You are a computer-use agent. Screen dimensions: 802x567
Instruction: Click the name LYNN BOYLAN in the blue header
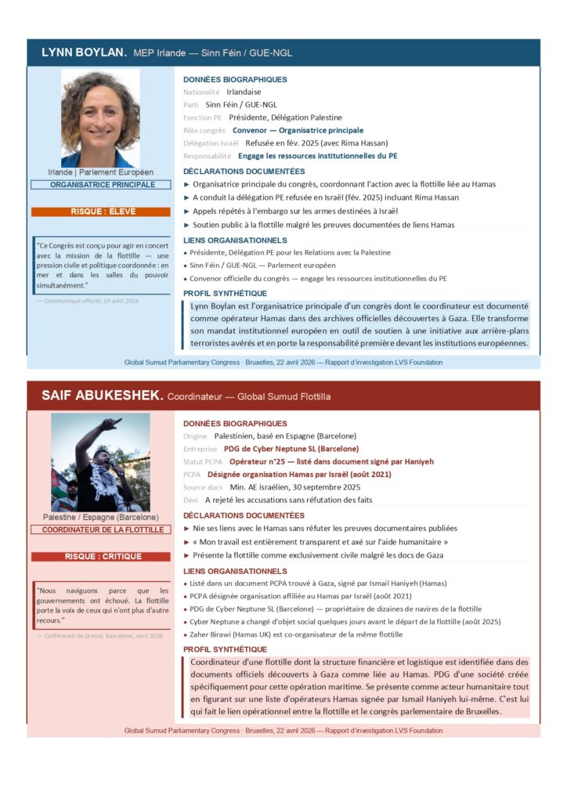pos(84,52)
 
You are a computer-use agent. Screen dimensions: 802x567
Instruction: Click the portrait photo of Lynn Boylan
pos(100,118)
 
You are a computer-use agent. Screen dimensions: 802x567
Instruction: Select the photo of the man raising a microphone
pos(100,462)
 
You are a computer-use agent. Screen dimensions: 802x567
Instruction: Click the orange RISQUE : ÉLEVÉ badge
pos(100,211)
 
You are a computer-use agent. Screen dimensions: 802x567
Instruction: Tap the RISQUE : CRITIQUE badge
pos(100,557)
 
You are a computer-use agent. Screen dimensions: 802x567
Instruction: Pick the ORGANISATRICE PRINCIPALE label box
pos(100,185)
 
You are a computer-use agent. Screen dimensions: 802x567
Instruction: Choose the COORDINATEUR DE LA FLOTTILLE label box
pos(100,529)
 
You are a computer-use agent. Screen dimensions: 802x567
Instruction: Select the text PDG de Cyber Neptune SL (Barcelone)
pos(291,449)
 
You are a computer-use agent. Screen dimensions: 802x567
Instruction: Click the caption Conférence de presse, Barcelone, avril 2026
pos(99,635)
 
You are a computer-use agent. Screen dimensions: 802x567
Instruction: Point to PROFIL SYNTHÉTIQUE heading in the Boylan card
pos(225,294)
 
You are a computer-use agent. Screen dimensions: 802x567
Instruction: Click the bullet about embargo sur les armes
pos(295,211)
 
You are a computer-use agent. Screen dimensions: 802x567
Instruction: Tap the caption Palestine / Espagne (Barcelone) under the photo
pos(100,518)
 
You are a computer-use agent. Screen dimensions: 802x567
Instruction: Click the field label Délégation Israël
pos(211,143)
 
